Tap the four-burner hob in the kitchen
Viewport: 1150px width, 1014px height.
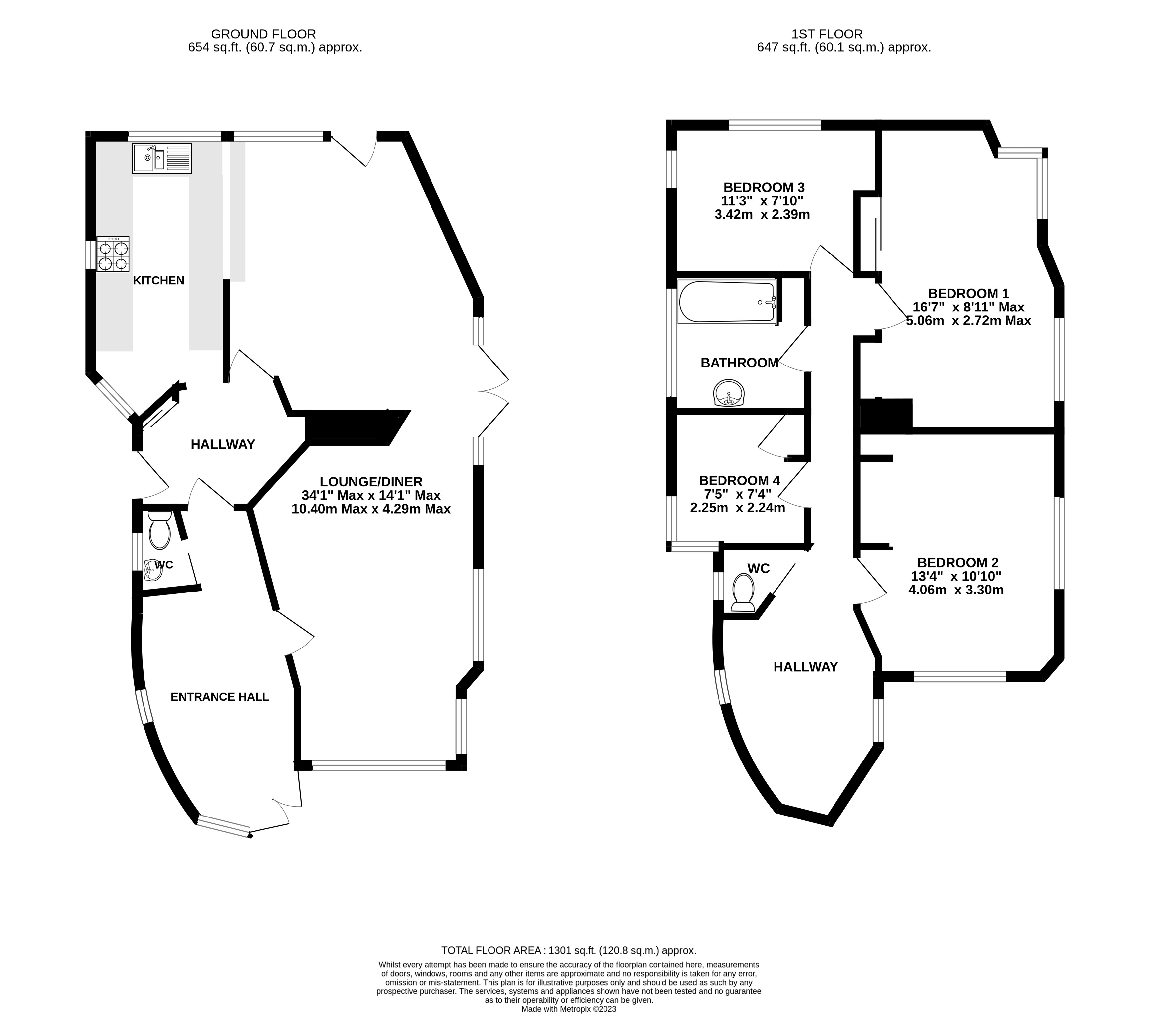(113, 254)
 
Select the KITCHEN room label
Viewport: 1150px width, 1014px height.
(159, 280)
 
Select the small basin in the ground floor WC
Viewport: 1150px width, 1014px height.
(152, 570)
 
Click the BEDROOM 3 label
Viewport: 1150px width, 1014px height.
(764, 187)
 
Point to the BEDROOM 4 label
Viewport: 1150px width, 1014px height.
(739, 480)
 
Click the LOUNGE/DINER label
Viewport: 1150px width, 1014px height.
(371, 482)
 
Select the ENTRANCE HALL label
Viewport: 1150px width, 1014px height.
(220, 697)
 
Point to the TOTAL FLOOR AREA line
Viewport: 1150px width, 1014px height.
(569, 950)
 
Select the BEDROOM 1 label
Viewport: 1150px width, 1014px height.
(968, 293)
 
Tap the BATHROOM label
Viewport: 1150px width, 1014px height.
(739, 363)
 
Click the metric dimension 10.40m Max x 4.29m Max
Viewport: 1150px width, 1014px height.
(371, 509)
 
